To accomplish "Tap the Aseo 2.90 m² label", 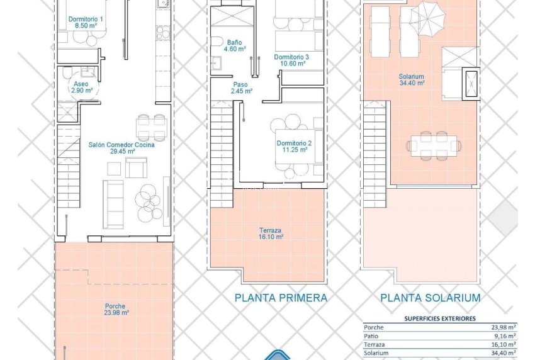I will click(81, 87).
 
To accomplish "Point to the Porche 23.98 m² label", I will click(116, 308).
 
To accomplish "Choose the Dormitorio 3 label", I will click(291, 60).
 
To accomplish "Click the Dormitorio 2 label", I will click(293, 146).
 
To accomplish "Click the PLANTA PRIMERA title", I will click(281, 298).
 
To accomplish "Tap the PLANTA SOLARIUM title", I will click(431, 298).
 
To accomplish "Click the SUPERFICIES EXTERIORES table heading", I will click(439, 318).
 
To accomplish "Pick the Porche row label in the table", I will click(374, 327).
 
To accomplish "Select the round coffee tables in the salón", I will click(149, 201).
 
